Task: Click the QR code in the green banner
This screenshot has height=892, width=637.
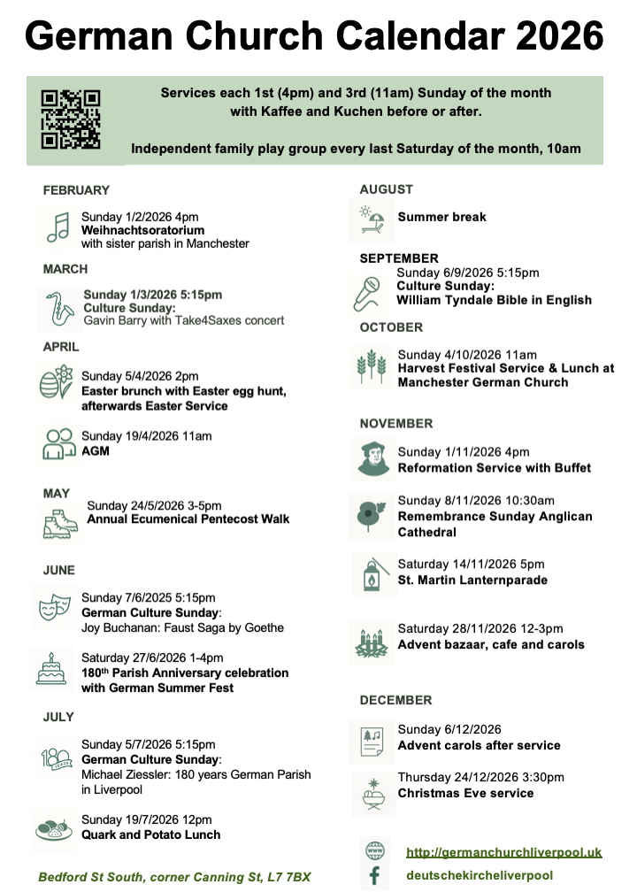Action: coord(71,119)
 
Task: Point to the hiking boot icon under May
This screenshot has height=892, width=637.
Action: coord(60,524)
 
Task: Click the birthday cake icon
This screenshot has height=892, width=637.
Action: coord(50,668)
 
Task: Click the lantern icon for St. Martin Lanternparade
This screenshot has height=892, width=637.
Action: coord(372,574)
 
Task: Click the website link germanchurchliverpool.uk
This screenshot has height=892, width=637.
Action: coord(503,852)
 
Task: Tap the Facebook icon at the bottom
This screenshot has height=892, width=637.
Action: coord(374,875)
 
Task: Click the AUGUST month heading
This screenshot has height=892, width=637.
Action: coord(386,189)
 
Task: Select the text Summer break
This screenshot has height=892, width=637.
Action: coord(441,217)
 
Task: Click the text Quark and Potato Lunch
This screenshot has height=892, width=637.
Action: coord(150,834)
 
